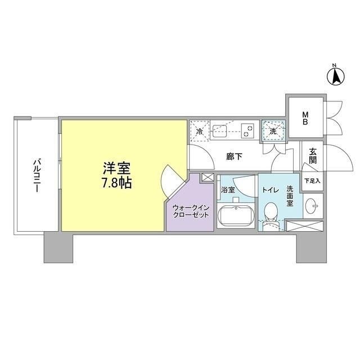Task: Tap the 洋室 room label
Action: [x=117, y=168]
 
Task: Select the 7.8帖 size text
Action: [x=117, y=183]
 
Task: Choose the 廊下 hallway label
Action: [x=235, y=157]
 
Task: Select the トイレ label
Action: [x=268, y=190]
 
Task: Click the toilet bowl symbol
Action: [x=272, y=214]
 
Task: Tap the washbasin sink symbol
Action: [x=313, y=208]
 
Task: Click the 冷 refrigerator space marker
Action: [x=200, y=131]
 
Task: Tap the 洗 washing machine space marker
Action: [x=273, y=130]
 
